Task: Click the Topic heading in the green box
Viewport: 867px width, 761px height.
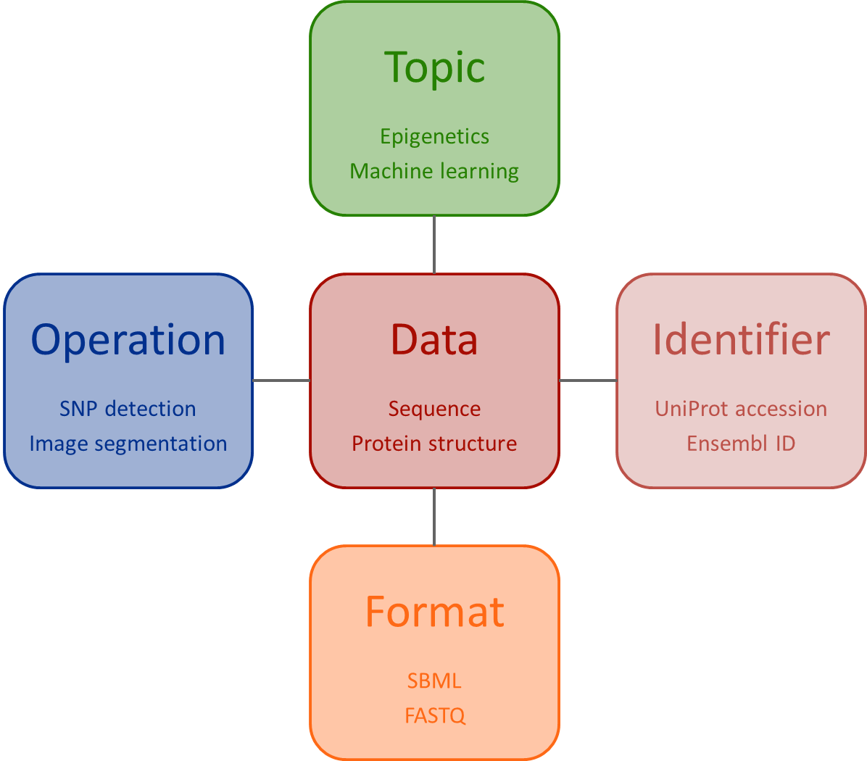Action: click(434, 68)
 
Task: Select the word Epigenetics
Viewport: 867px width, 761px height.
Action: click(434, 136)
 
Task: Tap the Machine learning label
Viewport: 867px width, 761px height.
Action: click(434, 171)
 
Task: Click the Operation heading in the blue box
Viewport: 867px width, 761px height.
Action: click(128, 340)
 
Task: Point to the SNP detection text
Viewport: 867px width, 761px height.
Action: click(128, 409)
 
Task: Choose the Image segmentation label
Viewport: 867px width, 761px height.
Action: click(128, 444)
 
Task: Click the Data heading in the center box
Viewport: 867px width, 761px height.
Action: click(434, 340)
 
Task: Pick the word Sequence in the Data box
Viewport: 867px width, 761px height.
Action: click(434, 409)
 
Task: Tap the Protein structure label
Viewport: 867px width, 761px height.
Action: click(434, 444)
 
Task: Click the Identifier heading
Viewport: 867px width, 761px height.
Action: click(741, 340)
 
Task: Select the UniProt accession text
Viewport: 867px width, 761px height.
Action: click(741, 409)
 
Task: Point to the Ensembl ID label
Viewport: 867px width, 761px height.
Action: click(741, 444)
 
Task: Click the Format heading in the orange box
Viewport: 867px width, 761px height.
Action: click(434, 612)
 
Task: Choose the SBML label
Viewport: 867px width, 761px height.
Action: click(434, 681)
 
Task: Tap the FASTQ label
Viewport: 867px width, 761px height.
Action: click(434, 716)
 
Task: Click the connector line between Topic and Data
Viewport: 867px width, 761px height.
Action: click(434, 244)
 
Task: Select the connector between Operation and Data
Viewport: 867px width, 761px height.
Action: click(281, 380)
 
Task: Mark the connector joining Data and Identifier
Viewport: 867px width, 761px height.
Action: click(588, 380)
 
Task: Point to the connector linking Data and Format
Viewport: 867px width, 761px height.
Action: click(434, 517)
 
